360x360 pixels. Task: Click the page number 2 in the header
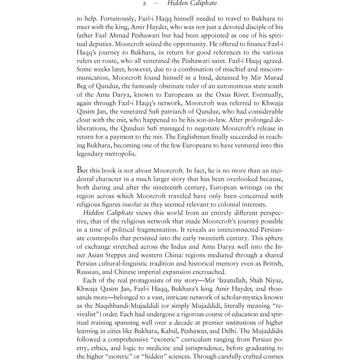(x=144, y=4)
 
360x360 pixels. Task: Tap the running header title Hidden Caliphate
(x=189, y=4)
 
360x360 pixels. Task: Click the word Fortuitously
(x=112, y=19)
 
